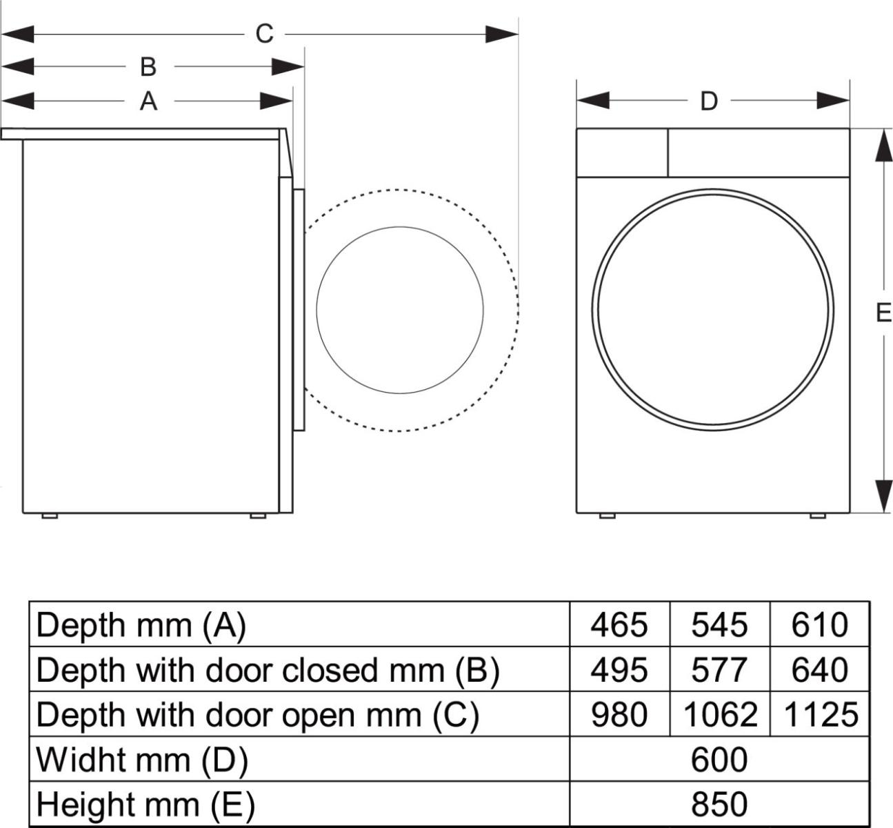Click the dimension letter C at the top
[x=265, y=34]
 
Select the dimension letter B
[x=148, y=67]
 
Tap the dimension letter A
[x=148, y=101]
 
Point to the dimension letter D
[x=709, y=101]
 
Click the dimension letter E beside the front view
[x=883, y=313]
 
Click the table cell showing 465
[x=619, y=625]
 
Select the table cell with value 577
[x=719, y=670]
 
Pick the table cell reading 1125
[x=821, y=715]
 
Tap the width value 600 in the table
[x=719, y=760]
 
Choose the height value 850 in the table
[x=719, y=805]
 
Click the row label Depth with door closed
[x=268, y=670]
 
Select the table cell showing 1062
[x=719, y=715]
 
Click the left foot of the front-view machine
[x=607, y=515]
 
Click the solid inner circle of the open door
[x=400, y=310]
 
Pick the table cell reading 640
[x=821, y=670]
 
